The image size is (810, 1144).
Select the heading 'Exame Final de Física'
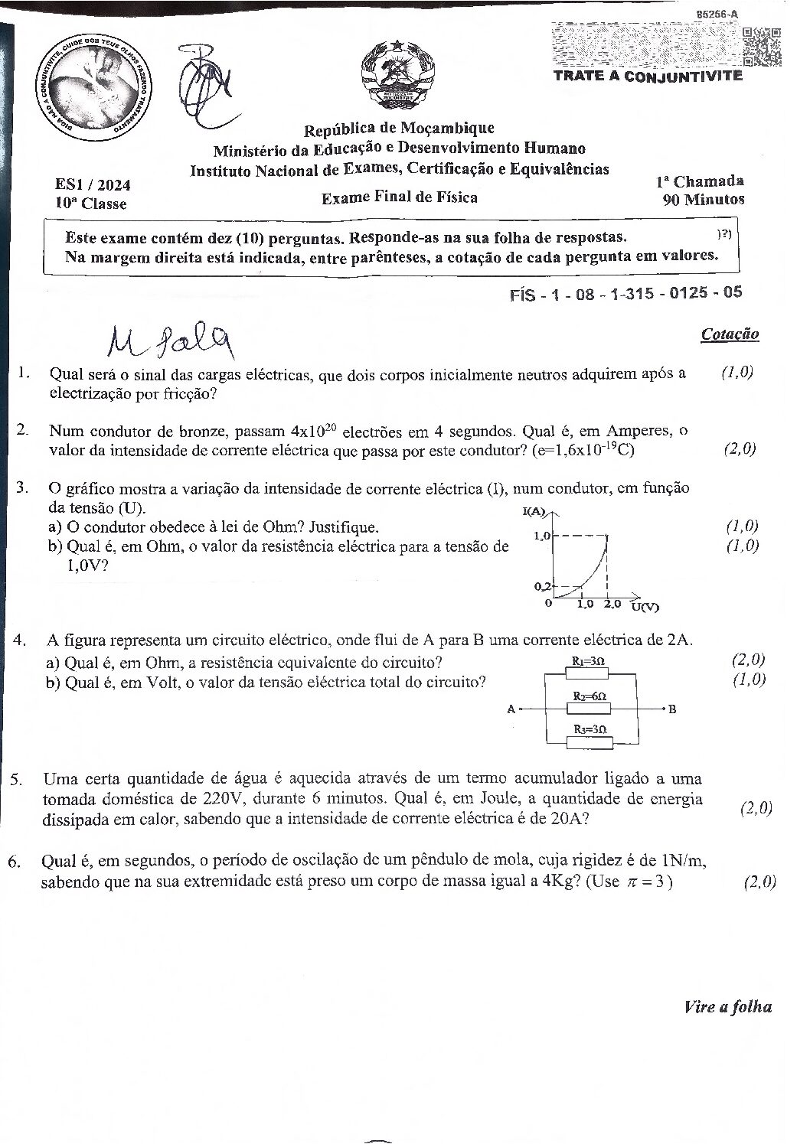click(x=399, y=197)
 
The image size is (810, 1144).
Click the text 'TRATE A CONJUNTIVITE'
click(x=647, y=76)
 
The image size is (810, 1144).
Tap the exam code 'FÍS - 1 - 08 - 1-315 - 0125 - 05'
click(x=625, y=293)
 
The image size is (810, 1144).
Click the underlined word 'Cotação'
click(x=730, y=334)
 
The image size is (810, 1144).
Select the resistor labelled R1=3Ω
click(x=586, y=673)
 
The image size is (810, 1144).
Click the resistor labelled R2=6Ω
click(x=589, y=709)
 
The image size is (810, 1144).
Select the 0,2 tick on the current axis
click(x=542, y=586)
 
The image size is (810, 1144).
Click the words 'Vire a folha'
click(x=727, y=1007)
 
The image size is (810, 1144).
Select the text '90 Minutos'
click(x=703, y=200)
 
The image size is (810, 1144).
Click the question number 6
click(x=15, y=862)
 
